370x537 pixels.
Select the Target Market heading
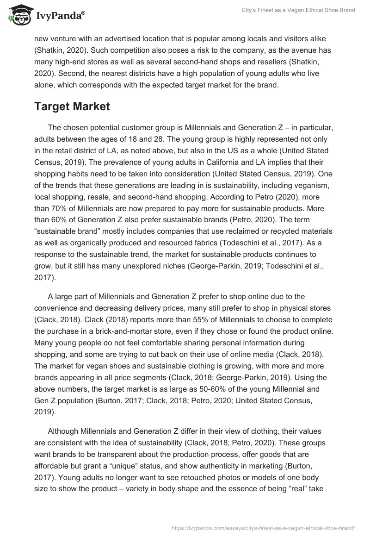pyautogui.click(x=72, y=106)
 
